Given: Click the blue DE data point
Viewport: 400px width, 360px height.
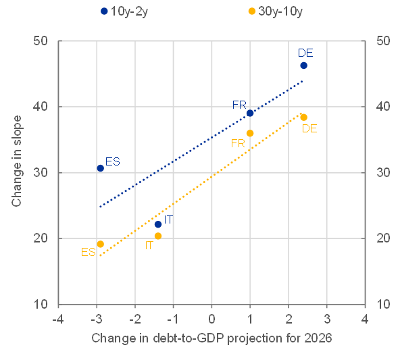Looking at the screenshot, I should tap(304, 66).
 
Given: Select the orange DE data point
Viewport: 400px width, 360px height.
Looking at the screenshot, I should tap(304, 118).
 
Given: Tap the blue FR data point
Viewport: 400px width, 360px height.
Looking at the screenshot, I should tap(250, 113).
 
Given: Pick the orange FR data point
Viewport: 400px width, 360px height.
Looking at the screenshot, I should tap(250, 133).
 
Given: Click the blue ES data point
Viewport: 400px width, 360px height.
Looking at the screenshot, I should tap(100, 168).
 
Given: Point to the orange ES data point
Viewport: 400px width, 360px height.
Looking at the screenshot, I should tap(100, 244).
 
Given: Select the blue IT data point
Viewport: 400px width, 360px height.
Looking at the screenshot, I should tap(158, 224).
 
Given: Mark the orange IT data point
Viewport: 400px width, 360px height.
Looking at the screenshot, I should tap(158, 236).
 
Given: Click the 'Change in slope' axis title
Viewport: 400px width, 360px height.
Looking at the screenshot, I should tap(16, 161).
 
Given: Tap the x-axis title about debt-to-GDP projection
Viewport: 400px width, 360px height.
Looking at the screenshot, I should tap(211, 337).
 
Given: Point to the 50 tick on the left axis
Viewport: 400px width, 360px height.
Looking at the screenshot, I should tap(41, 41).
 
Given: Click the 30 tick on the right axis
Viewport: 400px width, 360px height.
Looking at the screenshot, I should tap(383, 173).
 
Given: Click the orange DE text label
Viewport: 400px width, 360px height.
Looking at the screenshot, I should tap(310, 128).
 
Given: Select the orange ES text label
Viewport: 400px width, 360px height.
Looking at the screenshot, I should tap(88, 252).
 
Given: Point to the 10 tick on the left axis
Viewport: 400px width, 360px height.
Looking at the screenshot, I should tap(41, 304).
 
